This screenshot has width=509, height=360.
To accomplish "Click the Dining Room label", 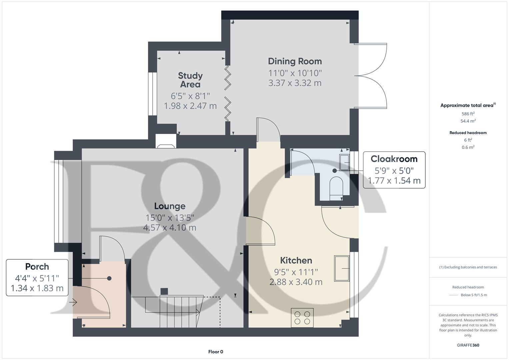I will click(x=295, y=61).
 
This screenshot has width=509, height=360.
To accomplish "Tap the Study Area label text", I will click(x=190, y=80).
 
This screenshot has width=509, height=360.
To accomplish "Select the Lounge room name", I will click(x=170, y=206).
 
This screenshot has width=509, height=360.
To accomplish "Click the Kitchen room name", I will click(x=296, y=260).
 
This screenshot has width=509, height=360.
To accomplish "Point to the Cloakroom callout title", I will click(x=394, y=159).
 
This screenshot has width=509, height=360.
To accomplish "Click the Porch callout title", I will click(x=37, y=267).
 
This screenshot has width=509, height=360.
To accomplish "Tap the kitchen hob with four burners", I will click(x=302, y=317).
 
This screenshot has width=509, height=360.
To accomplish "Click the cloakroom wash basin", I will click(x=344, y=162).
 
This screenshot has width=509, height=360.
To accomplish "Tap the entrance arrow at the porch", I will click(x=73, y=302).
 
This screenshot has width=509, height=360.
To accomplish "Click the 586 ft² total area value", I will click(x=468, y=114).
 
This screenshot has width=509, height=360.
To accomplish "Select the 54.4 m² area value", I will click(x=468, y=121).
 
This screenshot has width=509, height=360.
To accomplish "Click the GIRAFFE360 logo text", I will click(x=468, y=345).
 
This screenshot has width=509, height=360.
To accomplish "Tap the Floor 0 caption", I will click(x=216, y=352).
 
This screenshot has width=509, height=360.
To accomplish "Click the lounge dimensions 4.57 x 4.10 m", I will click(x=170, y=228).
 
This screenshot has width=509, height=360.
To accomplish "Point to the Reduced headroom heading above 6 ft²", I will click(x=468, y=133).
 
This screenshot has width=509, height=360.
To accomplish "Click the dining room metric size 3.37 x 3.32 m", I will click(x=295, y=83).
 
